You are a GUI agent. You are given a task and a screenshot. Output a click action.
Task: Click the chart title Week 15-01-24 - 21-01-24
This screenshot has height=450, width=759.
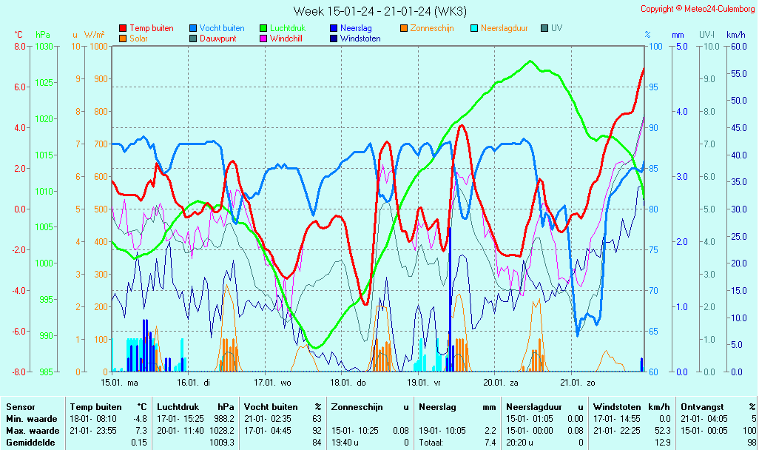coord(379,11)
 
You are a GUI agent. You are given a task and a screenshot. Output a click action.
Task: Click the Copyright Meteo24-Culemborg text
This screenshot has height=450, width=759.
coord(698,9)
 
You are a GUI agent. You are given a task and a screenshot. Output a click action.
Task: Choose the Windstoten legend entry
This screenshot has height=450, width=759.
coord(360,38)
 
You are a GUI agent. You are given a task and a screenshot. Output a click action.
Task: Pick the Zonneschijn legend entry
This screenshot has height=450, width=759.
coord(432,28)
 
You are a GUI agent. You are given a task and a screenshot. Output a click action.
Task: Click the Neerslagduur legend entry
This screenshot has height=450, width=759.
coord(504,28)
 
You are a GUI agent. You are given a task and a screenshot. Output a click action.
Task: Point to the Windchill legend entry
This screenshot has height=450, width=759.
coord(289,38)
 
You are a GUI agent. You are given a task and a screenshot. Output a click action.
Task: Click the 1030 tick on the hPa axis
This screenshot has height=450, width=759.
coord(44,46)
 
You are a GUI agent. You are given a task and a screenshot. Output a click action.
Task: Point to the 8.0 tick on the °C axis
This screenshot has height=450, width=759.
coord(20,46)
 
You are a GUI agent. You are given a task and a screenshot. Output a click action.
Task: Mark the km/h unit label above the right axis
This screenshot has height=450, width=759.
coord(735,35)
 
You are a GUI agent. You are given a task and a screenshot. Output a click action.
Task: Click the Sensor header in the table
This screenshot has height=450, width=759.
coord(21,407)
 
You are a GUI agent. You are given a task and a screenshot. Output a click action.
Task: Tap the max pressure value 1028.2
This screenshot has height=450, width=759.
coord(223,430)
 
